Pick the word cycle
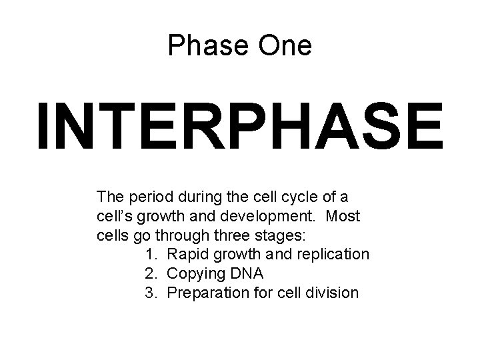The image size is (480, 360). [x=283, y=197]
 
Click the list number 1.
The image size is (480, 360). [x=150, y=254]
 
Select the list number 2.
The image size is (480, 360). [x=150, y=273]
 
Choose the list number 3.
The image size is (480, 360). [x=150, y=292]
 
